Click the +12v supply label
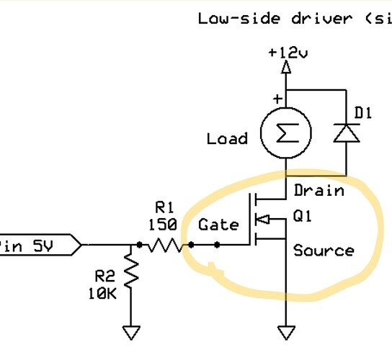pyautogui.click(x=287, y=53)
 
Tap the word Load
pyautogui.click(x=227, y=138)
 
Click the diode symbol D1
pyautogui.click(x=346, y=133)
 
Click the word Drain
pyautogui.click(x=318, y=192)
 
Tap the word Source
pyautogui.click(x=324, y=251)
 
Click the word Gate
pyautogui.click(x=218, y=225)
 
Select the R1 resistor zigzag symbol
pyautogui.click(x=166, y=246)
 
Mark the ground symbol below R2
pyautogui.click(x=131, y=332)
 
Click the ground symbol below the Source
pyautogui.click(x=287, y=332)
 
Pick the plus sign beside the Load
pyautogui.click(x=277, y=98)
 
